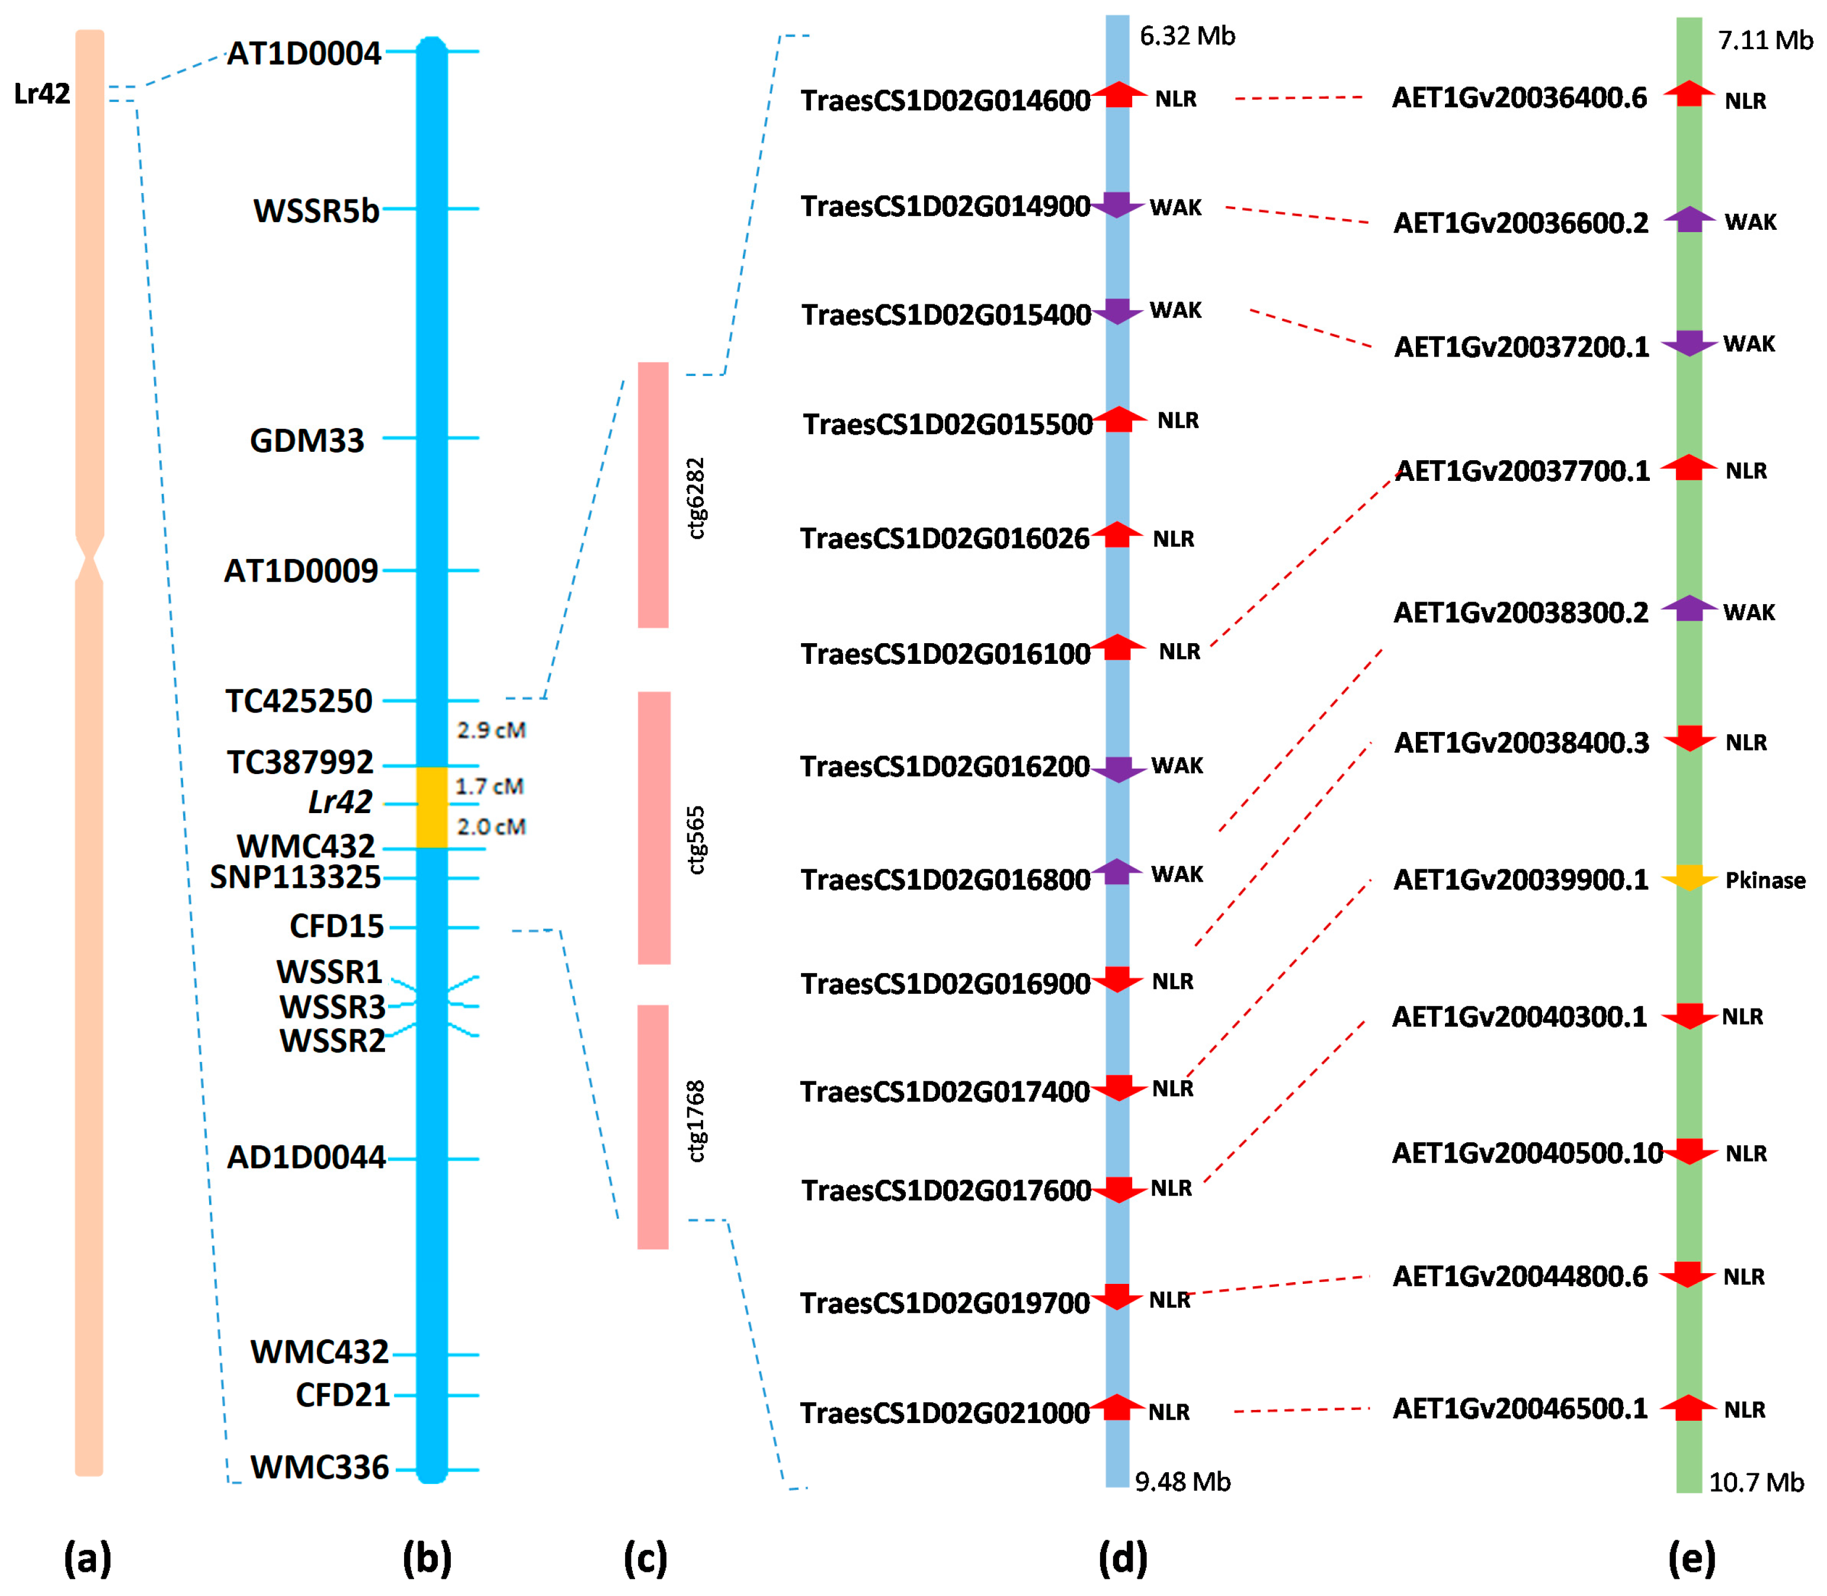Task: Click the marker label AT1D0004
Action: coord(304,53)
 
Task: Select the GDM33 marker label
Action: coord(307,440)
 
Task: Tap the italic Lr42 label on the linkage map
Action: coord(340,802)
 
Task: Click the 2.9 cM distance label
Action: coord(491,730)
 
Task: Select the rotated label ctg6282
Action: coord(695,498)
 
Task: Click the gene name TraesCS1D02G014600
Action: coord(944,101)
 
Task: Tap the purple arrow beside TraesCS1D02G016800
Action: coord(1117,872)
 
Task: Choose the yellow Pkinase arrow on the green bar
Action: coord(1689,878)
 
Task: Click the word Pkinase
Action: coord(1765,880)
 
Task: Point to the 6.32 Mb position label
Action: coord(1187,36)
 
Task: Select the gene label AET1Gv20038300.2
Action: coord(1521,613)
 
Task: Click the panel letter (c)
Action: coord(645,1559)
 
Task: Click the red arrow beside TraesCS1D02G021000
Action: coord(1117,1407)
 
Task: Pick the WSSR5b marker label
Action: coord(316,211)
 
